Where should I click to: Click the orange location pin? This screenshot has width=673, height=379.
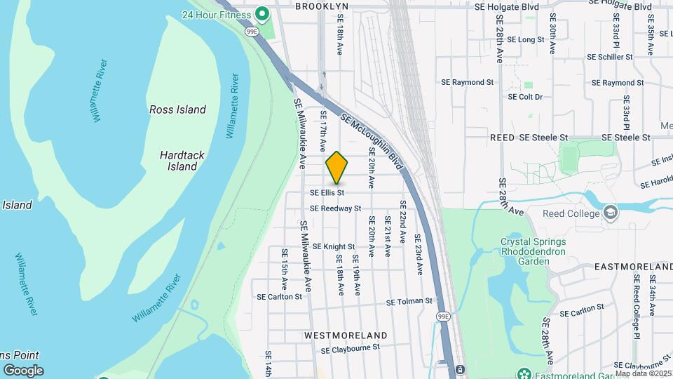[x=336, y=167]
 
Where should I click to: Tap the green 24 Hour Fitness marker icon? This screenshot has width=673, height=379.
[x=262, y=13]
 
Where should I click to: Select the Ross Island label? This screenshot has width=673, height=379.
[x=177, y=109]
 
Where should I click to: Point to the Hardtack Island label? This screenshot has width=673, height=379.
[x=182, y=161]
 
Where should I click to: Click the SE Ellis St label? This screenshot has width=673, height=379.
[x=327, y=192]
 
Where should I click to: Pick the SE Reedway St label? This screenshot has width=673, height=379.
[x=335, y=208]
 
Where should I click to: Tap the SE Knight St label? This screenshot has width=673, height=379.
[x=334, y=246]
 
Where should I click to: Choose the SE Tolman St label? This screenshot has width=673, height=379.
[x=409, y=301]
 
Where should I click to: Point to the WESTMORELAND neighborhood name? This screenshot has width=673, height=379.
[x=346, y=335]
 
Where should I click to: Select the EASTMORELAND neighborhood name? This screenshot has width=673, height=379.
[x=633, y=267]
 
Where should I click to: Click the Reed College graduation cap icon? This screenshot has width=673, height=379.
[x=610, y=213]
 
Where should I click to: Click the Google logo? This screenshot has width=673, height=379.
[x=23, y=370]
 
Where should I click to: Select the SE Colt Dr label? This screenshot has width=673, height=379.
[x=525, y=97]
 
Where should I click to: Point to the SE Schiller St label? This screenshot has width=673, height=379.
[x=605, y=56]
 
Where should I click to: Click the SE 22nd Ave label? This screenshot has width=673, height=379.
[x=403, y=222]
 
